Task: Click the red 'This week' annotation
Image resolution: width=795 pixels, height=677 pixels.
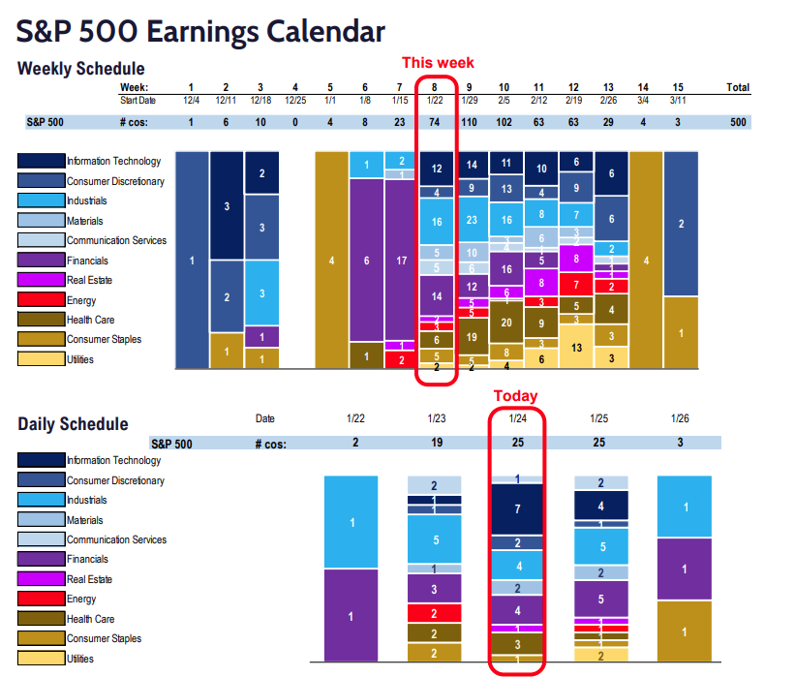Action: pos(438,62)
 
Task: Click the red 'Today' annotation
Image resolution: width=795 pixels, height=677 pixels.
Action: pos(515,396)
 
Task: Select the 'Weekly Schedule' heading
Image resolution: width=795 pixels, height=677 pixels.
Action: pos(81,69)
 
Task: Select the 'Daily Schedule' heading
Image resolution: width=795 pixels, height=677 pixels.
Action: pos(73,423)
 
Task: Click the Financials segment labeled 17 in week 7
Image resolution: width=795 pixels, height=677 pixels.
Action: pos(401,260)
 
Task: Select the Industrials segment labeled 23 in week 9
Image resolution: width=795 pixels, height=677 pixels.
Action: pos(473,220)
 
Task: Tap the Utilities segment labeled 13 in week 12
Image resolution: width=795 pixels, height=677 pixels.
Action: pos(576,346)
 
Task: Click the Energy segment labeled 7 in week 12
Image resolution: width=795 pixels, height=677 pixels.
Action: pos(576,285)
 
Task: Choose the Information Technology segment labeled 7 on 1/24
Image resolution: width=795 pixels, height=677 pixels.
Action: pos(517,508)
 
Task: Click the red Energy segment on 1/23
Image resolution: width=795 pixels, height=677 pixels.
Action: pos(433,613)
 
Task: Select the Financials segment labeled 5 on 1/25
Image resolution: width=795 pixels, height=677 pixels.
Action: pos(601,600)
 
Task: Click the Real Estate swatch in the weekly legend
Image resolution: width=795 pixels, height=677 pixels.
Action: pos(41,280)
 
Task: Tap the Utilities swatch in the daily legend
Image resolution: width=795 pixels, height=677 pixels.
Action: pos(41,658)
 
